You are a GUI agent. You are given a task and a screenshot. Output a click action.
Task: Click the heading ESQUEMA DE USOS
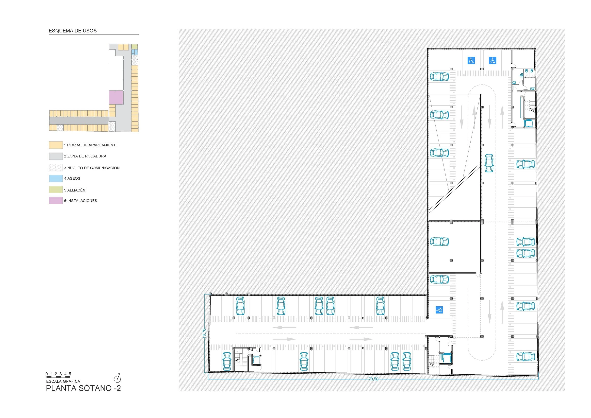point(73,31)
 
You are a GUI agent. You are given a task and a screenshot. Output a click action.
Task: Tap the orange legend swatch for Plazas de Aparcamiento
point(56,145)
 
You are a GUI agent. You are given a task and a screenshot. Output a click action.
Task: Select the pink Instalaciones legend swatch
point(56,201)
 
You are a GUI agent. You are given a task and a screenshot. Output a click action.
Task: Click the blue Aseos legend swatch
point(56,178)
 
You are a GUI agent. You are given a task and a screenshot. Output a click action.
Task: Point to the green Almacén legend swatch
point(56,190)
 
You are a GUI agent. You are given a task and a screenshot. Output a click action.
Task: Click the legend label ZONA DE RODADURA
point(85,156)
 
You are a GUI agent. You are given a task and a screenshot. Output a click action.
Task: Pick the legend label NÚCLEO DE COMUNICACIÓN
point(92,168)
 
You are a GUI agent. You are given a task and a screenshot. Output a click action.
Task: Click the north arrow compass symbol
point(117,379)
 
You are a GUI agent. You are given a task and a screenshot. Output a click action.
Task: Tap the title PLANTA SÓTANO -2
point(83,388)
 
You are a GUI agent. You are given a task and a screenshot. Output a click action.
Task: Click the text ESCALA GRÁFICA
point(63,381)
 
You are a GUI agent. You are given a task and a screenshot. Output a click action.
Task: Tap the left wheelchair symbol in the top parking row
point(471,61)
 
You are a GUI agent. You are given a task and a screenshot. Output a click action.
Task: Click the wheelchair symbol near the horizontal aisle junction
point(439,310)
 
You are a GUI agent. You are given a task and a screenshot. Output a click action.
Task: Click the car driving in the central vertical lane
point(489,163)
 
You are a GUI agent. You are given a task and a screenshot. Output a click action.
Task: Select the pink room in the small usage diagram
point(116,97)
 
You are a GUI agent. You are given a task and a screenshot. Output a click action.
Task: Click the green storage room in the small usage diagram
point(134,46)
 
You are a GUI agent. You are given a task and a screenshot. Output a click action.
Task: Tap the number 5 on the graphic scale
point(70,374)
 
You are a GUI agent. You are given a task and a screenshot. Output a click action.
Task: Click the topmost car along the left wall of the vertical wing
point(439,76)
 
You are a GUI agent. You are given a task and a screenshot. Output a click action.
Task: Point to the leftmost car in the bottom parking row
point(227,361)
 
